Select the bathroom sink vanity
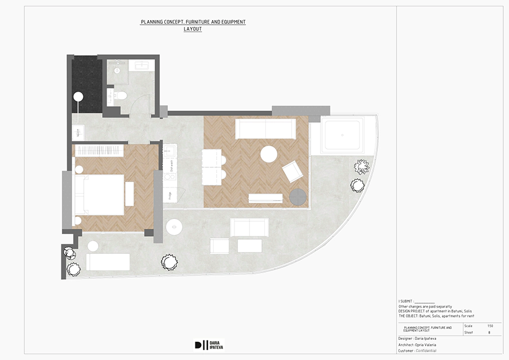(x=141, y=65)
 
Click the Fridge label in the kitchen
(x=170, y=195)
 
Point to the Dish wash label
(x=170, y=166)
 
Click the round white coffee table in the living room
(x=269, y=154)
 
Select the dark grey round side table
(x=297, y=197)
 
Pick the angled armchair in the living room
(x=292, y=171)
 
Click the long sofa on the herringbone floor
(x=265, y=129)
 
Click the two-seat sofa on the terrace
(x=249, y=227)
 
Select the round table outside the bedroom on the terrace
(x=174, y=226)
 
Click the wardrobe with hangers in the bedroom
(x=99, y=151)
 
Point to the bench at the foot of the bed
(x=130, y=194)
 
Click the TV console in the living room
(x=265, y=198)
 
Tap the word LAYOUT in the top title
(x=193, y=29)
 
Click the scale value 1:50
(x=490, y=326)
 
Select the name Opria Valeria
(x=425, y=345)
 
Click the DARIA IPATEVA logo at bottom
(x=208, y=345)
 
